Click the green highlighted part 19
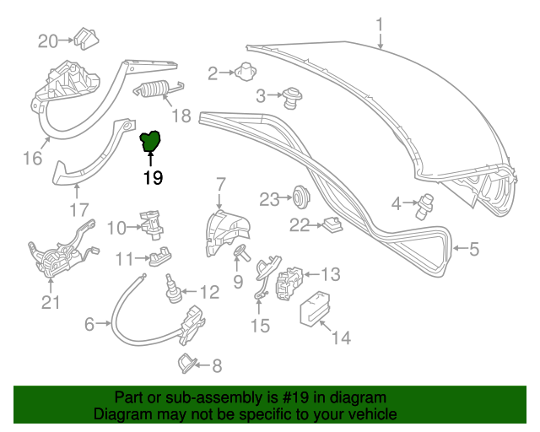click(152, 142)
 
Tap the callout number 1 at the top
click(380, 23)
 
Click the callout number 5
click(473, 248)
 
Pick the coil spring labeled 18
click(156, 89)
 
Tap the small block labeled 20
click(85, 39)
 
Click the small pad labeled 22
click(331, 224)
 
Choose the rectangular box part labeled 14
click(313, 307)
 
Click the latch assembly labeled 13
click(290, 279)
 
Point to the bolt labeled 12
click(172, 288)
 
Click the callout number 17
click(78, 209)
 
